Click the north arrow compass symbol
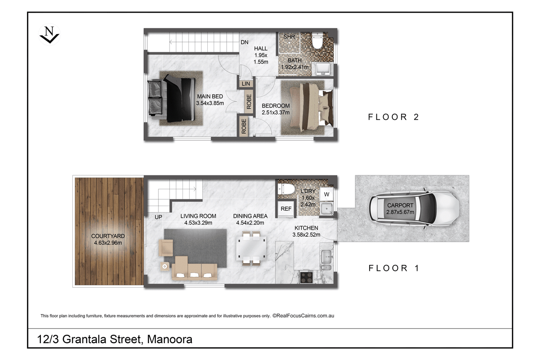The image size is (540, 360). (x=50, y=34)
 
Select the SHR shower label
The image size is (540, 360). (x=289, y=37)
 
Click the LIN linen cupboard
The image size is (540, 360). (x=246, y=84)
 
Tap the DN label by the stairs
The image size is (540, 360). (x=244, y=42)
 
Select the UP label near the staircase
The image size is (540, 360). (x=158, y=217)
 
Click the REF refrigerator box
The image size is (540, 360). (x=286, y=209)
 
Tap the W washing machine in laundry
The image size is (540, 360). (x=327, y=194)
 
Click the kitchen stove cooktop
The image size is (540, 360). (x=307, y=277)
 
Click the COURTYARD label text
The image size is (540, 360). (x=108, y=236)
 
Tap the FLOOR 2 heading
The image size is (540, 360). (x=394, y=117)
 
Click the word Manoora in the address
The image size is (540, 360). (x=170, y=339)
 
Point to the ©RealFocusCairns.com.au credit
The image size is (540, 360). (x=303, y=316)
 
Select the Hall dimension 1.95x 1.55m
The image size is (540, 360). (x=261, y=58)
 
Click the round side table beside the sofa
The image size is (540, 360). (x=165, y=267)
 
